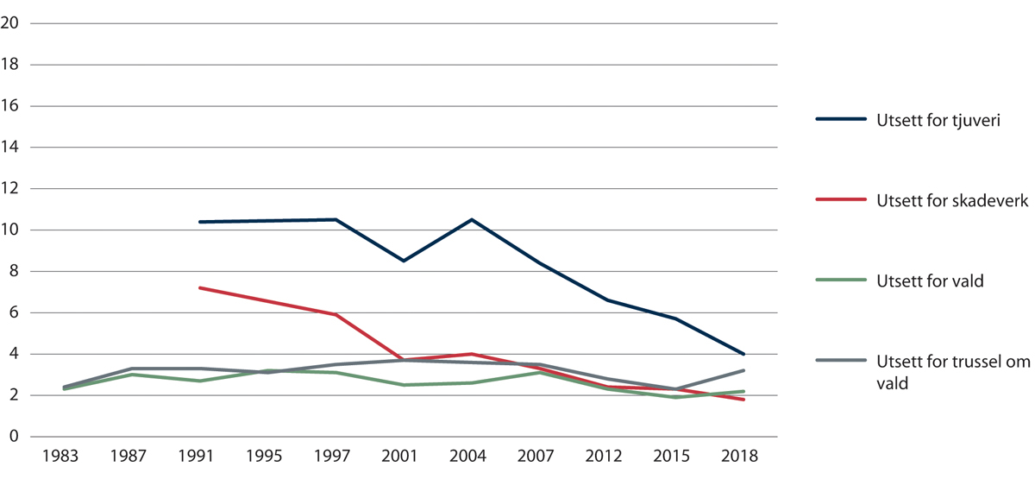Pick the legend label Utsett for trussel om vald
click(x=952, y=372)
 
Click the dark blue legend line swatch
click(x=841, y=120)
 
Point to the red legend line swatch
click(x=841, y=199)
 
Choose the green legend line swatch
click(x=841, y=280)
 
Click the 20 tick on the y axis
click(x=11, y=23)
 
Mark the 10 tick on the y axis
click(x=11, y=230)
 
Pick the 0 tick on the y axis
click(x=15, y=437)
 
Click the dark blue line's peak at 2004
click(x=471, y=219)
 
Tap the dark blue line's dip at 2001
click(x=403, y=261)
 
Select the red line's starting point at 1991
click(x=199, y=287)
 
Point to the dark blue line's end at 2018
click(x=743, y=354)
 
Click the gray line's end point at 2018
click(x=743, y=370)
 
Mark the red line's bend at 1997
click(x=336, y=315)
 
